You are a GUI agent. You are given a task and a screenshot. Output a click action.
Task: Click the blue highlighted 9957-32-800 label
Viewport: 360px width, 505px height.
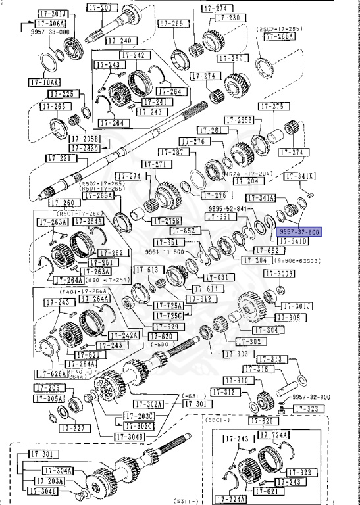pyautogui.click(x=299, y=233)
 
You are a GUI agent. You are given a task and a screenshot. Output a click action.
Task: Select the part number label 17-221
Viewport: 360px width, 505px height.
pyautogui.click(x=59, y=158)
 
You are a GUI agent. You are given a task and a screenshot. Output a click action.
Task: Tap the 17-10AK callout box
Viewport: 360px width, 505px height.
pyautogui.click(x=43, y=82)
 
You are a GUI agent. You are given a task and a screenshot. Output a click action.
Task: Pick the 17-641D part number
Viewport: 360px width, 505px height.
pyautogui.click(x=292, y=242)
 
